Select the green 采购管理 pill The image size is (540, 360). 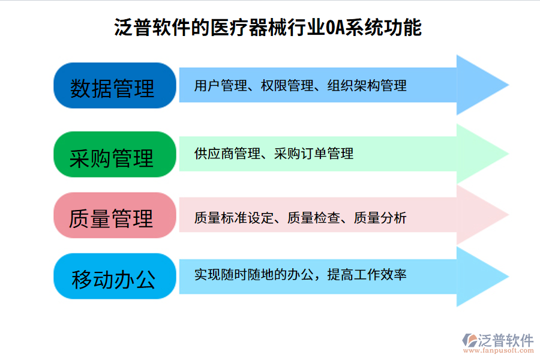[112, 155]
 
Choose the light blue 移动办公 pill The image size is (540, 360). [112, 277]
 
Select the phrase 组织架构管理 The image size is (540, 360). [367, 86]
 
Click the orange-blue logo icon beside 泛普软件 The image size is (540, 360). [469, 341]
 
